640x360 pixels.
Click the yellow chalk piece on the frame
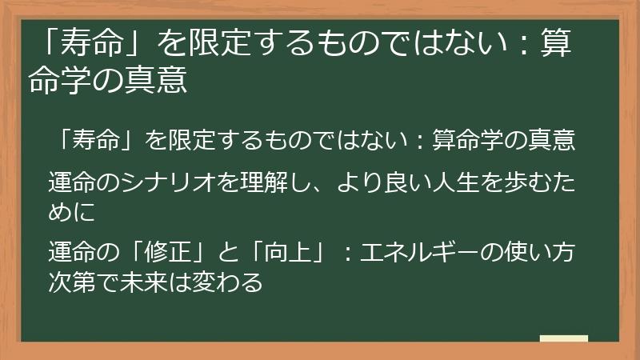tap(563, 338)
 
